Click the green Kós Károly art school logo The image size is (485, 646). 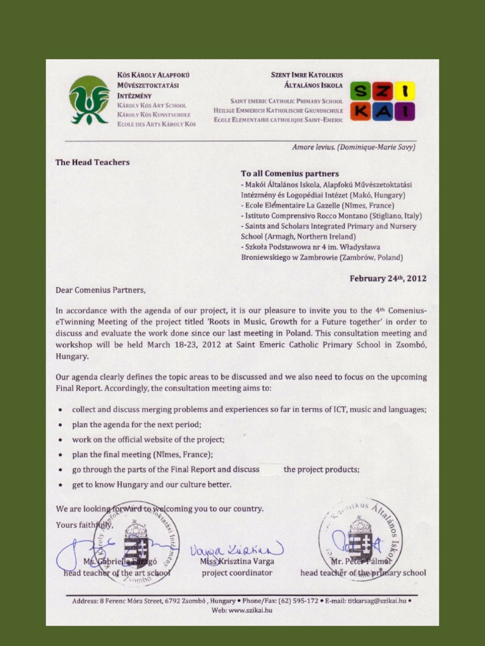(x=89, y=100)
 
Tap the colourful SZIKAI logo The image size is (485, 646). (x=382, y=101)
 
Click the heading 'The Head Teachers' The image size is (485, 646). (x=92, y=162)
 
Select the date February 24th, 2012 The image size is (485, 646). (x=388, y=278)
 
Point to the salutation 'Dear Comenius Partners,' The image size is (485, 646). (x=100, y=290)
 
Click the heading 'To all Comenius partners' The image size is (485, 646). (x=290, y=173)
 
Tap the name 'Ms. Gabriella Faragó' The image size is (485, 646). (x=117, y=561)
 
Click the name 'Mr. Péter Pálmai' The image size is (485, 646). (x=362, y=561)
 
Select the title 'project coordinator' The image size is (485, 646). (x=237, y=573)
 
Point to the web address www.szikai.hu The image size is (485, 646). (x=251, y=610)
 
